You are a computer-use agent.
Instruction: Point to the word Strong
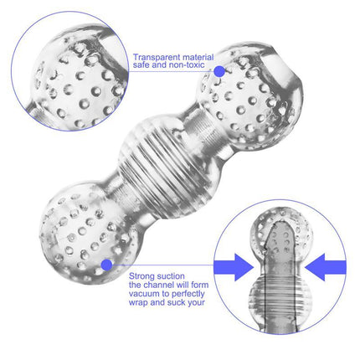[x=142, y=274]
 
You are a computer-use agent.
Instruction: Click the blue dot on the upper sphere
[x=219, y=72]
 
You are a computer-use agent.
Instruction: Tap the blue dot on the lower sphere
[x=106, y=265]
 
